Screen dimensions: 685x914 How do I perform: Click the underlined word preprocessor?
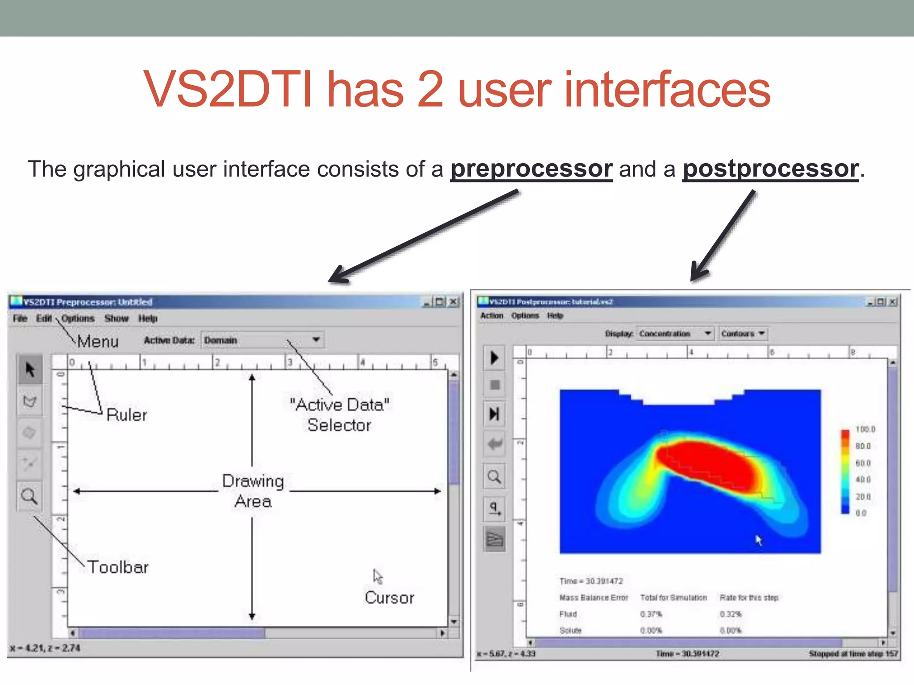tap(531, 169)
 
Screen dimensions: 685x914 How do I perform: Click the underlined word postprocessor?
tap(771, 169)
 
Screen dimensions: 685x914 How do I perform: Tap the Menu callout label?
tap(98, 342)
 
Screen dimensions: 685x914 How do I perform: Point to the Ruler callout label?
tap(127, 415)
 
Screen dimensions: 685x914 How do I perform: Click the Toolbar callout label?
tap(118, 567)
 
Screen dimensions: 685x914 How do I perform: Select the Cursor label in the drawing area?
tap(389, 598)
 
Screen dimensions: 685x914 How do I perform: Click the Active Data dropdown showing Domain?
tap(262, 340)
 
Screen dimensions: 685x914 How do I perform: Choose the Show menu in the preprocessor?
tap(116, 318)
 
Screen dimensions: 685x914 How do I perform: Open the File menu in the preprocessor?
tap(20, 318)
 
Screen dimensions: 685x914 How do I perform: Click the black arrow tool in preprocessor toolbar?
tap(30, 370)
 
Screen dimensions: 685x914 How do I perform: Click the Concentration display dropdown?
tap(674, 334)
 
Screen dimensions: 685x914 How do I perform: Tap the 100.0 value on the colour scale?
tap(865, 429)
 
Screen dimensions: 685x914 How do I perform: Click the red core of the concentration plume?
tap(710, 464)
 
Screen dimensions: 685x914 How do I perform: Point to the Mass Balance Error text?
tap(594, 598)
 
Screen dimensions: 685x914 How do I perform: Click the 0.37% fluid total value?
tap(651, 614)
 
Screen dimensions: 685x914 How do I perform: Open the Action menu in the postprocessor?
tap(491, 316)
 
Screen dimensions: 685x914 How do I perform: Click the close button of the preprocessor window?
tap(453, 302)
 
